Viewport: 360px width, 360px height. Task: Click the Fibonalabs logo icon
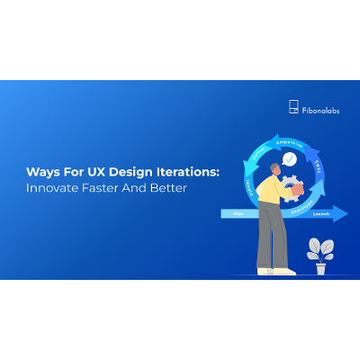[x=293, y=107]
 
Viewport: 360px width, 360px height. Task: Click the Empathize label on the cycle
[x=287, y=140]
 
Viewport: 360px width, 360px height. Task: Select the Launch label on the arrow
[x=321, y=214]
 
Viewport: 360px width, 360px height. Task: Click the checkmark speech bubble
[x=289, y=160]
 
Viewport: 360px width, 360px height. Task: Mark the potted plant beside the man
[x=319, y=255]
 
